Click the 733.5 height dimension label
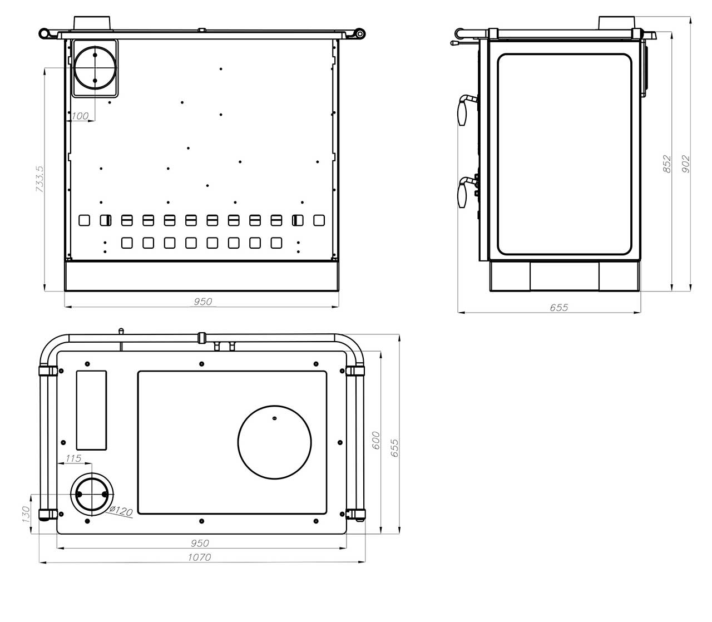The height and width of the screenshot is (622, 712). [40, 179]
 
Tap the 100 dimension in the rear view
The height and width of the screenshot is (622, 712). [80, 116]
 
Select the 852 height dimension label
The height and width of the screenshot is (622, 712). [667, 164]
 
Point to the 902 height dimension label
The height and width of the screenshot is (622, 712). [685, 164]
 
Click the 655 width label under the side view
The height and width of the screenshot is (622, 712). [558, 307]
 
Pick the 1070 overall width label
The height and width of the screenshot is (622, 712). [199, 557]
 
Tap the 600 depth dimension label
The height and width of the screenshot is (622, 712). [376, 440]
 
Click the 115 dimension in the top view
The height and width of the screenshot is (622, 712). [73, 458]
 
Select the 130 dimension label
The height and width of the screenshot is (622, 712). [26, 514]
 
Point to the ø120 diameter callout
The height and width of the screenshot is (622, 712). [121, 511]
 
